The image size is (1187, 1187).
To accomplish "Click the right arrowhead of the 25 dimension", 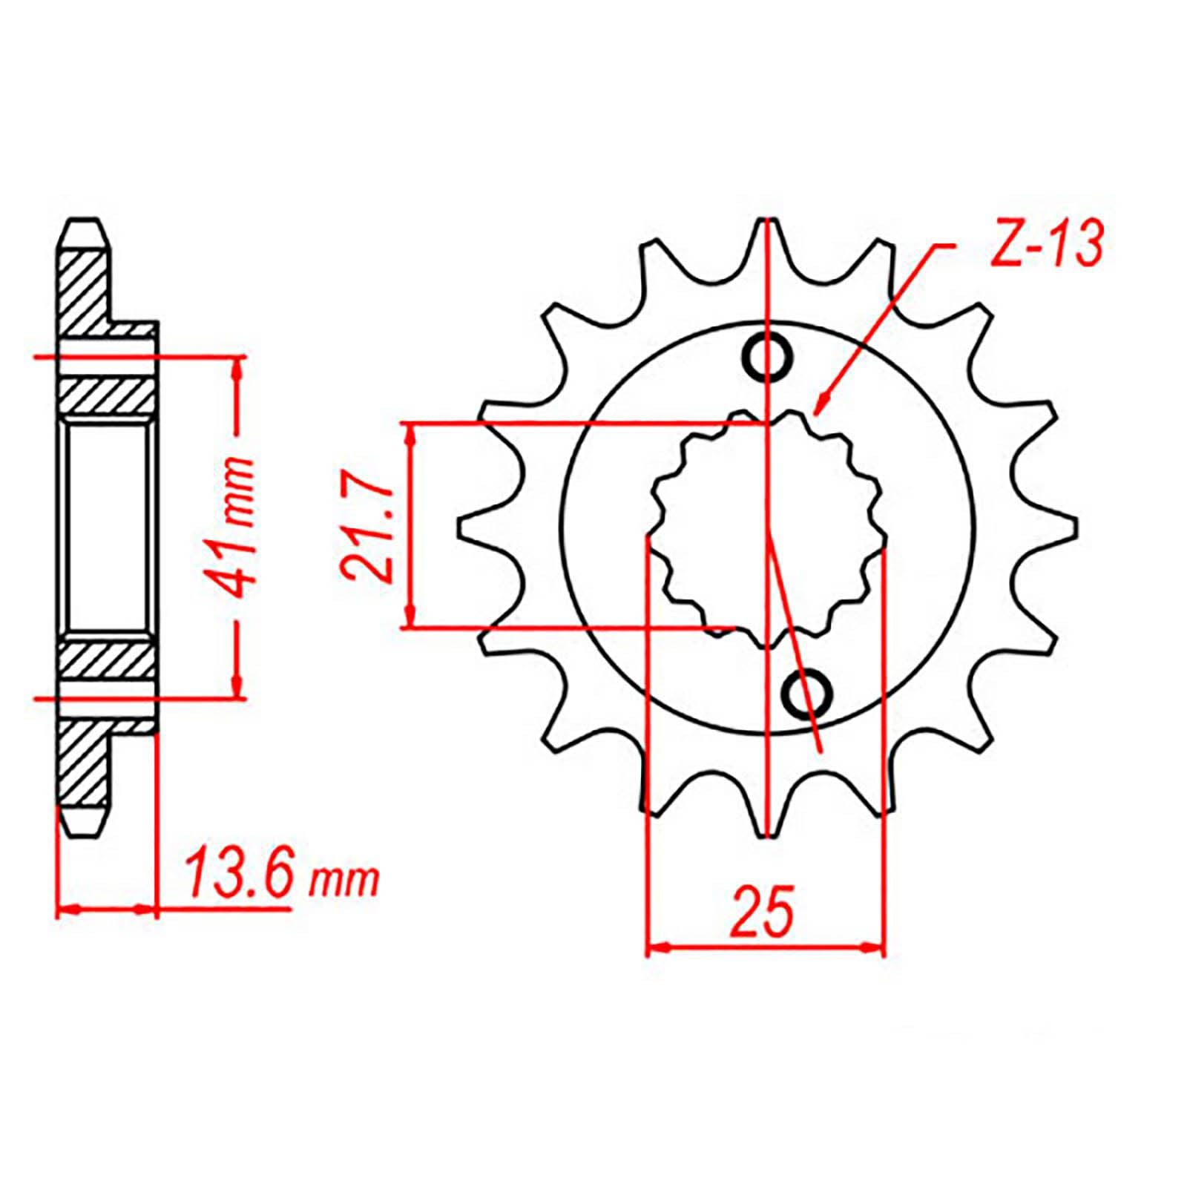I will pos(875,947).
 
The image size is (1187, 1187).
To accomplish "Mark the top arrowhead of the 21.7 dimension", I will pos(410,434).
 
